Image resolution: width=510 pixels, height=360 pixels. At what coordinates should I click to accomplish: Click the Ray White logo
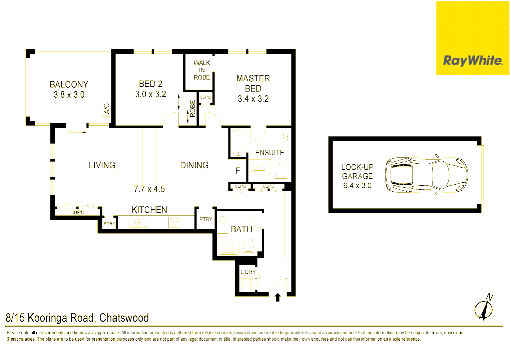click(472, 61)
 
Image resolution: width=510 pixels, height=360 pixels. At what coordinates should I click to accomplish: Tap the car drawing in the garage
click(426, 175)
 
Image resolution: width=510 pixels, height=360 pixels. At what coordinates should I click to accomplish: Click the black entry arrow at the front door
click(278, 297)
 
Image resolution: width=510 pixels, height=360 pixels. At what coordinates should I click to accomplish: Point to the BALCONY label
click(69, 85)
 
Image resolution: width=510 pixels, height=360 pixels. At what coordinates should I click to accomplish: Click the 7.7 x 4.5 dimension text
click(149, 189)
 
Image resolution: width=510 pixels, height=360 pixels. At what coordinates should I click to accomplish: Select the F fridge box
click(237, 171)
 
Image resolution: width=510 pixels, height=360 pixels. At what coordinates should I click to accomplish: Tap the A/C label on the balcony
click(106, 109)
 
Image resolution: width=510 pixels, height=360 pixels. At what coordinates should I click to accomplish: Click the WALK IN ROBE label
click(202, 70)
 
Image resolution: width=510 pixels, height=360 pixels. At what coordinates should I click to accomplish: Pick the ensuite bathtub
click(238, 142)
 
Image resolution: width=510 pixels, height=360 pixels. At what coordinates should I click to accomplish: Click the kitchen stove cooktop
click(174, 222)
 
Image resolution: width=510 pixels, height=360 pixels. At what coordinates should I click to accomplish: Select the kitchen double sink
click(138, 222)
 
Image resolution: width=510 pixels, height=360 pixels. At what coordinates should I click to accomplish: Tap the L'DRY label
click(248, 272)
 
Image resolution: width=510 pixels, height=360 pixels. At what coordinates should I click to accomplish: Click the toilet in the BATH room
click(248, 245)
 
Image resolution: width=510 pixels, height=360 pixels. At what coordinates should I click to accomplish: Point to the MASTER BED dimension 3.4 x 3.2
click(253, 99)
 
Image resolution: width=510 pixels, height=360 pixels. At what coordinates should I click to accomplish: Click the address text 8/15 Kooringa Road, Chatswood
click(77, 318)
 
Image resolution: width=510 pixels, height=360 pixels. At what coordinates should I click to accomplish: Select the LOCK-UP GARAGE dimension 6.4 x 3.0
click(357, 186)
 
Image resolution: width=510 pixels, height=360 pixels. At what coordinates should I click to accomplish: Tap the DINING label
click(194, 165)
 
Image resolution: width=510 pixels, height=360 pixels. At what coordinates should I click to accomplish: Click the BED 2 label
click(150, 84)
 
